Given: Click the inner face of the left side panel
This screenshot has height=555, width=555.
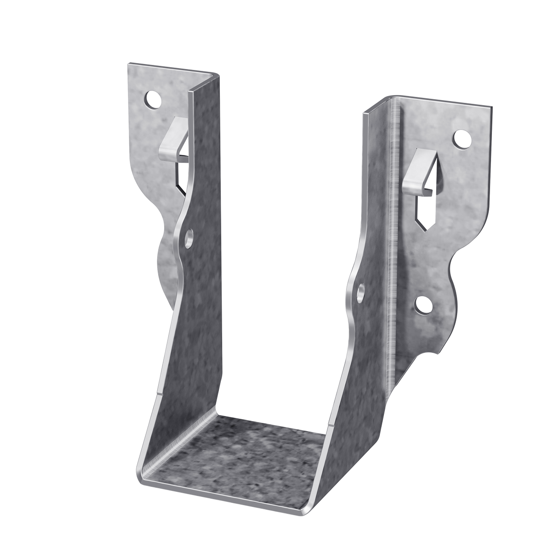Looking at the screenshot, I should [201, 320].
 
